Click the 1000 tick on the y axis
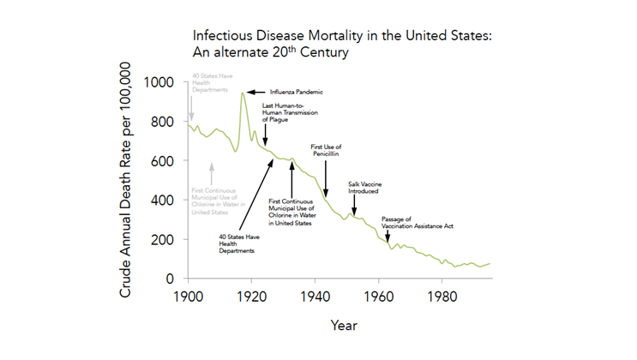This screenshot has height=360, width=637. pyautogui.click(x=161, y=82)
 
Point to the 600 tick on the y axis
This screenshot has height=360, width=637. pyautogui.click(x=165, y=161)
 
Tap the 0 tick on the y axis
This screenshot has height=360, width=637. pyautogui.click(x=171, y=279)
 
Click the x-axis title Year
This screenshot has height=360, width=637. pyautogui.click(x=344, y=326)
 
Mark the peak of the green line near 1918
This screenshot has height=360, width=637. pyautogui.click(x=242, y=93)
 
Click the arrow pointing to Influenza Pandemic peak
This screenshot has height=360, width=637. pyautogui.click(x=257, y=92)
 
